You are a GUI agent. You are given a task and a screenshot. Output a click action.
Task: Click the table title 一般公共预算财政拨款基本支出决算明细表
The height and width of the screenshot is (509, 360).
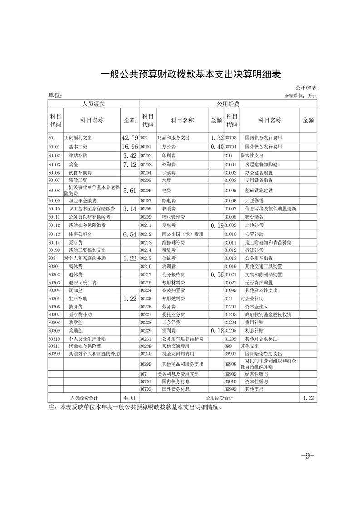tap(180, 74)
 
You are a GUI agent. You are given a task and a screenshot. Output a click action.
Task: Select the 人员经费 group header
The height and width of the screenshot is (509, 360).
tap(94, 104)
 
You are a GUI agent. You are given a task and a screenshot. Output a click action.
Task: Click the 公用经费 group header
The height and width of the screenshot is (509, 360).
tap(228, 104)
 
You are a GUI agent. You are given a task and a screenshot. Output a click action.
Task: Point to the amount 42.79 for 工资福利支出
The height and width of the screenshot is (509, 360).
tap(129, 137)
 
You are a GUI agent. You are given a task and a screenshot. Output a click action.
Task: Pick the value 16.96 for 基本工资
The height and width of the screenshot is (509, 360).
tap(129, 147)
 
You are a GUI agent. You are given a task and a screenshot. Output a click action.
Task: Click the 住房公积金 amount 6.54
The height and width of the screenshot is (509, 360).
tap(129, 234)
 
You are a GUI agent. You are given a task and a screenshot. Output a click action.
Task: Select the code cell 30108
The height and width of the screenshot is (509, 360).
tap(54, 191)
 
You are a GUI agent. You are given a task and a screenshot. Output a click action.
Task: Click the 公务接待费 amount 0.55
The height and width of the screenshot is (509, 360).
tap(216, 275)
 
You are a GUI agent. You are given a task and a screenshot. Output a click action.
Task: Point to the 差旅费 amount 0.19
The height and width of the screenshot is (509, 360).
tap(216, 225)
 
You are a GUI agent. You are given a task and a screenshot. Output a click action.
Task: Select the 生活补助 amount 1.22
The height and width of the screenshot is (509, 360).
tap(129, 299)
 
